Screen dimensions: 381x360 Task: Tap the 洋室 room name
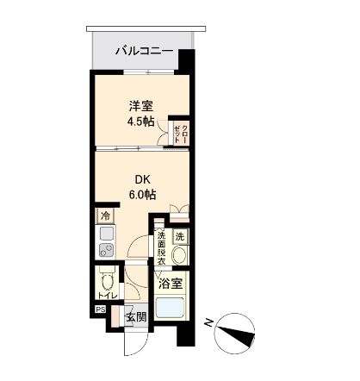[x=142, y=106]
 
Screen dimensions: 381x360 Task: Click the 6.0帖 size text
[x=142, y=195]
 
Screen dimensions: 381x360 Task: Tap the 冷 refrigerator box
[x=106, y=215]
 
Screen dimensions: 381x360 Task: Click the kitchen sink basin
[x=107, y=234]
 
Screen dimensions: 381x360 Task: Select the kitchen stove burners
[x=107, y=252]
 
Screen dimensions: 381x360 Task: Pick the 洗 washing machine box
[x=180, y=236]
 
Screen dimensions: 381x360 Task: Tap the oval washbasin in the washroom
[x=180, y=255]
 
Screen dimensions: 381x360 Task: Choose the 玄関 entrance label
[x=137, y=317]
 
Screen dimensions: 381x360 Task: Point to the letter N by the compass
[x=208, y=322]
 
